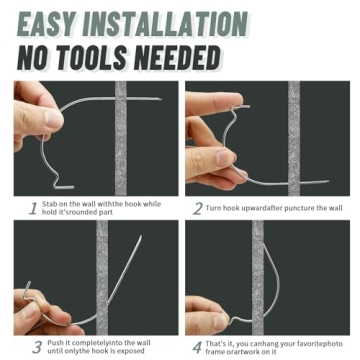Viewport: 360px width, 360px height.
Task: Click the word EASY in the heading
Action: pos(59,22)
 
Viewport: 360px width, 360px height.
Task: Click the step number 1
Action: pos(33,208)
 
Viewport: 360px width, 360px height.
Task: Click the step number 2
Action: pos(198,208)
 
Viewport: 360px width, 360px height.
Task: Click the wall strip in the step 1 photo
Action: pos(120,140)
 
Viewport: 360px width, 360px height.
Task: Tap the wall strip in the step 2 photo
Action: pos(294,140)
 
